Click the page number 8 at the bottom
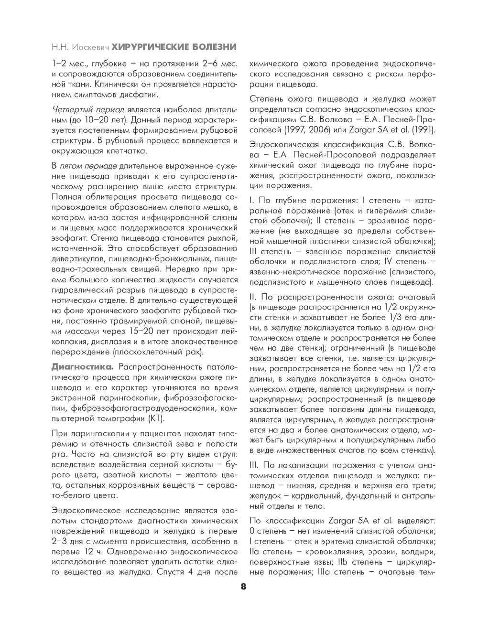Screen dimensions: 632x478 click(243, 587)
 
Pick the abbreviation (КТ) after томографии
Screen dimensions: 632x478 click(156, 419)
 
